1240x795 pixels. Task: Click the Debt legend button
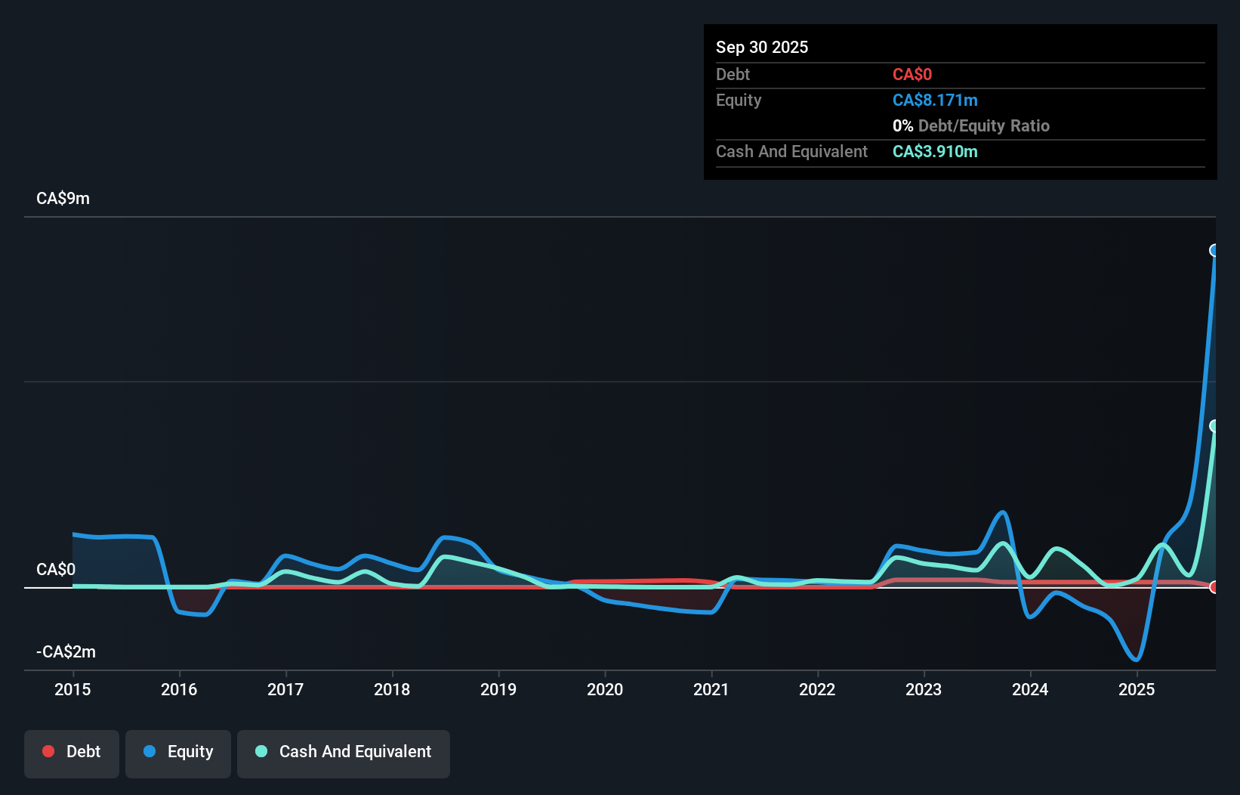click(x=72, y=753)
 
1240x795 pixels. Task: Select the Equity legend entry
click(x=178, y=753)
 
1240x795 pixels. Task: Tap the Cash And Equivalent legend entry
click(x=344, y=753)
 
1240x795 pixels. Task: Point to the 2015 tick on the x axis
click(x=72, y=689)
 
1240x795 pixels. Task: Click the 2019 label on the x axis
click(x=498, y=689)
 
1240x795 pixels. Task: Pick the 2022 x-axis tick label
click(x=817, y=689)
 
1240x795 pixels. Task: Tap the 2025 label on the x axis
click(x=1137, y=689)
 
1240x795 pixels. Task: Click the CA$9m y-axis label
click(x=63, y=199)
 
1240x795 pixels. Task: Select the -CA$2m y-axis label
click(x=66, y=651)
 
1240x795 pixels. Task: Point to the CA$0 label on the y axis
click(x=56, y=569)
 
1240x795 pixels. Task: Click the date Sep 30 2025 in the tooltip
click(x=762, y=47)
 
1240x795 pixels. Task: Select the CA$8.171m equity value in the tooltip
click(x=935, y=101)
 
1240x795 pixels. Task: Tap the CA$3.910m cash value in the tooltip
click(x=935, y=152)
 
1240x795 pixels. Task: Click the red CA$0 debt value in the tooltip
click(x=912, y=75)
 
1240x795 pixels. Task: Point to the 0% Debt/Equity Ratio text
click(x=971, y=126)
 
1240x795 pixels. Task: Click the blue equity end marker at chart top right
click(x=1214, y=250)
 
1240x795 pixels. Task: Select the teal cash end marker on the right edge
click(x=1214, y=426)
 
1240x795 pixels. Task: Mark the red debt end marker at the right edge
click(x=1214, y=587)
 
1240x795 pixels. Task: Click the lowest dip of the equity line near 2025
click(x=1136, y=660)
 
